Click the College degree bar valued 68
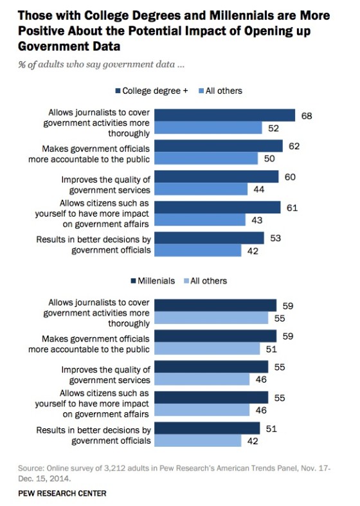pos(225,115)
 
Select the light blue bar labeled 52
pos(210,129)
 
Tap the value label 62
pos(294,147)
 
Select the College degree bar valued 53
pos(209,237)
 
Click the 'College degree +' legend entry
pos(151,91)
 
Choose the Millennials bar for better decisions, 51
pos(207,428)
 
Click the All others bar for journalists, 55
pos(212,318)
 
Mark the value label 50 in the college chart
pos(270,159)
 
